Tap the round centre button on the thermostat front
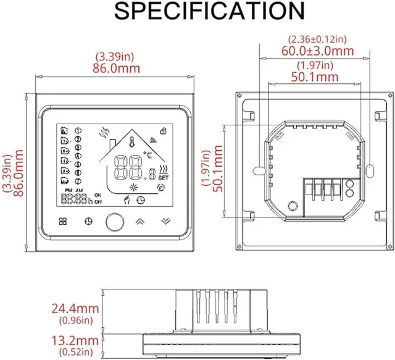113,220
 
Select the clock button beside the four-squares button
88,221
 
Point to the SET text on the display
163,178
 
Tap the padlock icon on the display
162,130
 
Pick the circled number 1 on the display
78,130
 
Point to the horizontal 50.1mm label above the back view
315,77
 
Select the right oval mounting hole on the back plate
370,169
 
